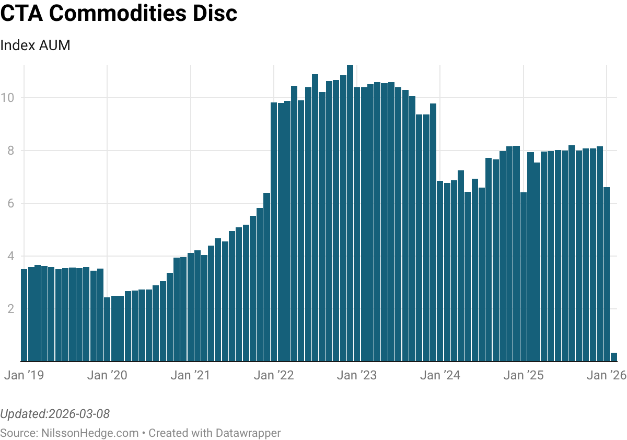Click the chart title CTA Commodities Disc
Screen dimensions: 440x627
[x=119, y=14]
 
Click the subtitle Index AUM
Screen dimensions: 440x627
[x=35, y=45]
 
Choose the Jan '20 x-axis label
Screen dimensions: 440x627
[x=107, y=375]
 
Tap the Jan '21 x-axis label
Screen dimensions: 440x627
[x=190, y=375]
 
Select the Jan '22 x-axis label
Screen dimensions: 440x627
[x=274, y=375]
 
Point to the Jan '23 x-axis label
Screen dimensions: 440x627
[x=357, y=375]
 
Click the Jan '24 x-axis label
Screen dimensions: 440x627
[x=440, y=375]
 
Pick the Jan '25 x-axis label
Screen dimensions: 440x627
[x=524, y=375]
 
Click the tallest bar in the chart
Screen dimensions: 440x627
[x=350, y=209]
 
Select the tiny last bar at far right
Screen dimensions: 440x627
[x=614, y=357]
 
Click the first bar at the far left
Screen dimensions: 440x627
[x=24, y=314]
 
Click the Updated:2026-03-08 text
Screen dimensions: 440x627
[x=55, y=414]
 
